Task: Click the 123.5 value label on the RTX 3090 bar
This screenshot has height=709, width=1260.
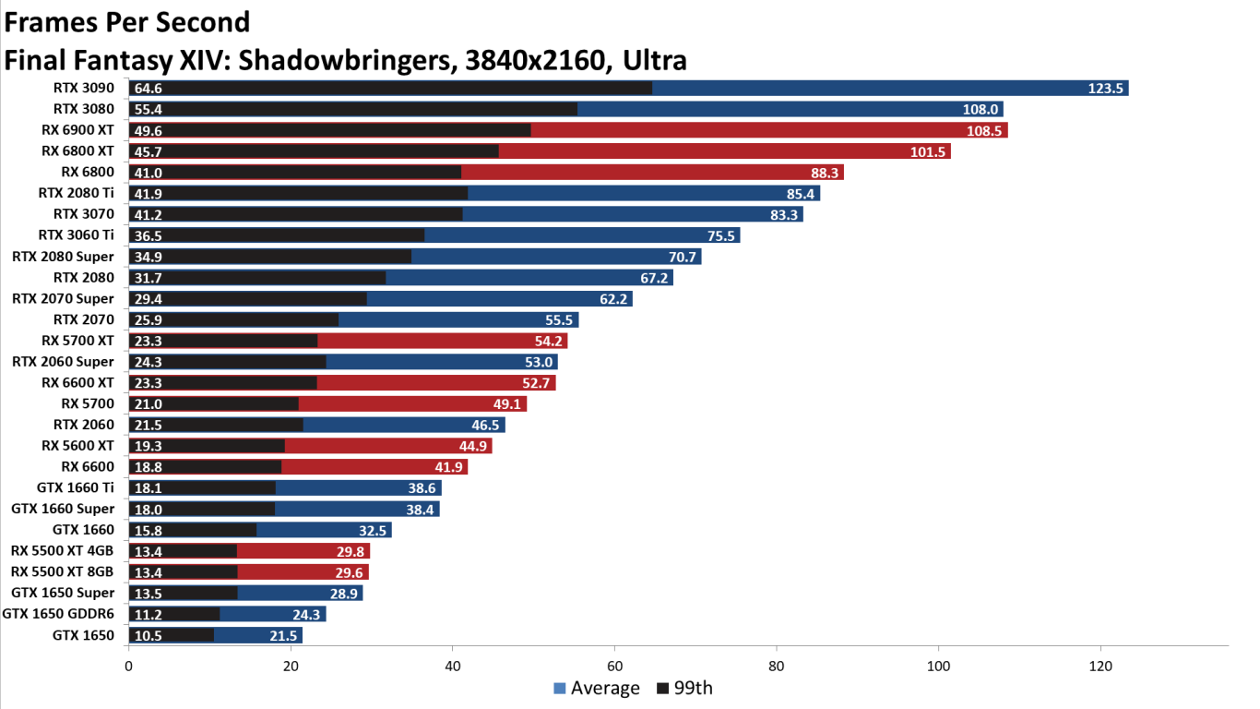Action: coord(1104,89)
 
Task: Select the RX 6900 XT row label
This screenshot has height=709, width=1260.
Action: coord(77,130)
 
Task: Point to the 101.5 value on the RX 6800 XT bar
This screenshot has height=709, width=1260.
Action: coord(928,151)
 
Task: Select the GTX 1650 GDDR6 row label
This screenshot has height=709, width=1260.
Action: coord(59,614)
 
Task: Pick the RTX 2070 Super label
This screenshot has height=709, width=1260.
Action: coord(64,298)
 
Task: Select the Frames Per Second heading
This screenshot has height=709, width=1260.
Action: coord(127,21)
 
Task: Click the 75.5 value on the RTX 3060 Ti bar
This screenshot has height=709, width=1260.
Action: coord(720,235)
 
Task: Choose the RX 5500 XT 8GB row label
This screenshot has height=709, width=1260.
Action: coord(63,571)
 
